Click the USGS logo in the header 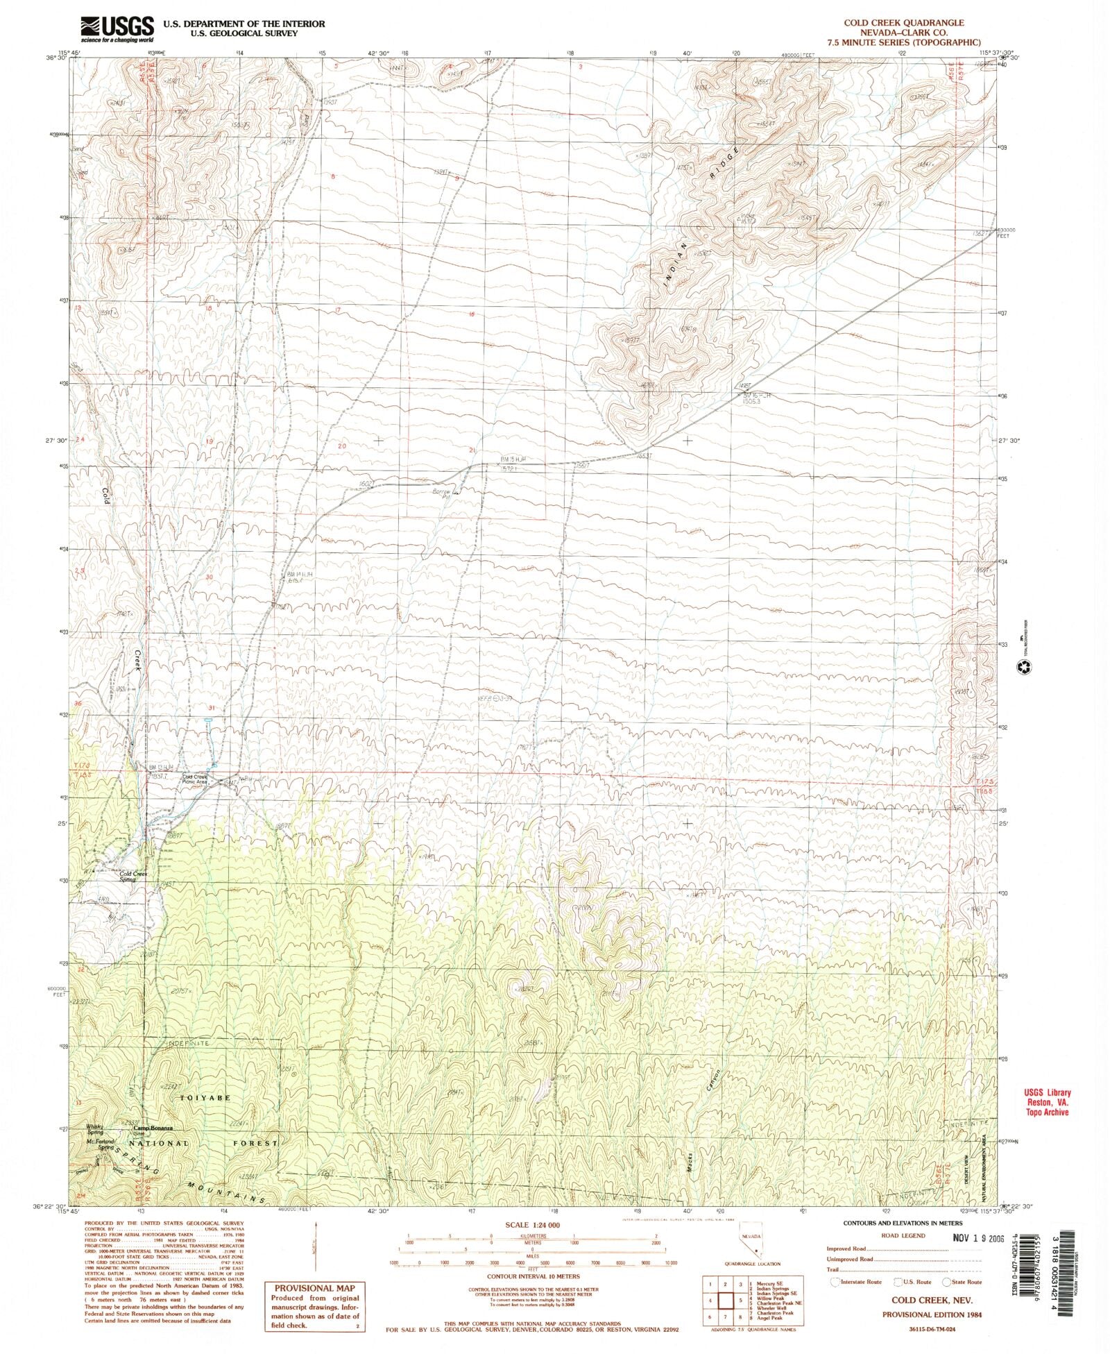click(x=117, y=28)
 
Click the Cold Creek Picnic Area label click(x=195, y=779)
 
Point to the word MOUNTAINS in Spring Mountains click(x=222, y=1192)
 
